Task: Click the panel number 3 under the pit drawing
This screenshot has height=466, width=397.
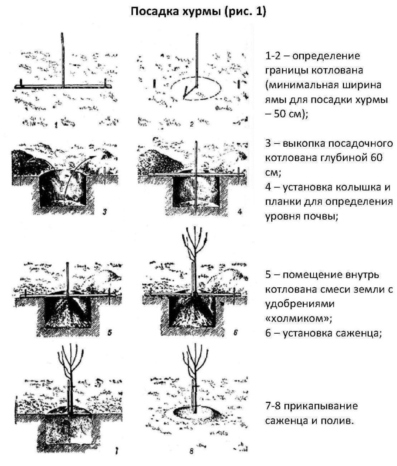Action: point(104,213)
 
